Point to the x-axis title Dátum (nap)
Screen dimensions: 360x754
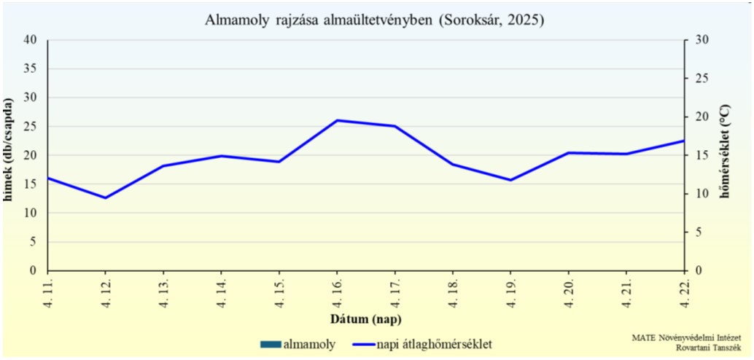click(x=365, y=319)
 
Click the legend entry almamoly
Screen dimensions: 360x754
click(x=300, y=343)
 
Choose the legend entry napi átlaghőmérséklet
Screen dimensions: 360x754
click(x=424, y=343)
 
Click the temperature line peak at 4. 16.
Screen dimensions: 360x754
click(x=337, y=120)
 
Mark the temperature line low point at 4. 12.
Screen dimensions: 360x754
click(x=106, y=197)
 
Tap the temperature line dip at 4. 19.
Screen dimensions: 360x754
click(x=510, y=180)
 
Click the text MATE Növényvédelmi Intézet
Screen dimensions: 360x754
click(x=687, y=337)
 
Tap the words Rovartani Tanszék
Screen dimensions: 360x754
click(x=709, y=348)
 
